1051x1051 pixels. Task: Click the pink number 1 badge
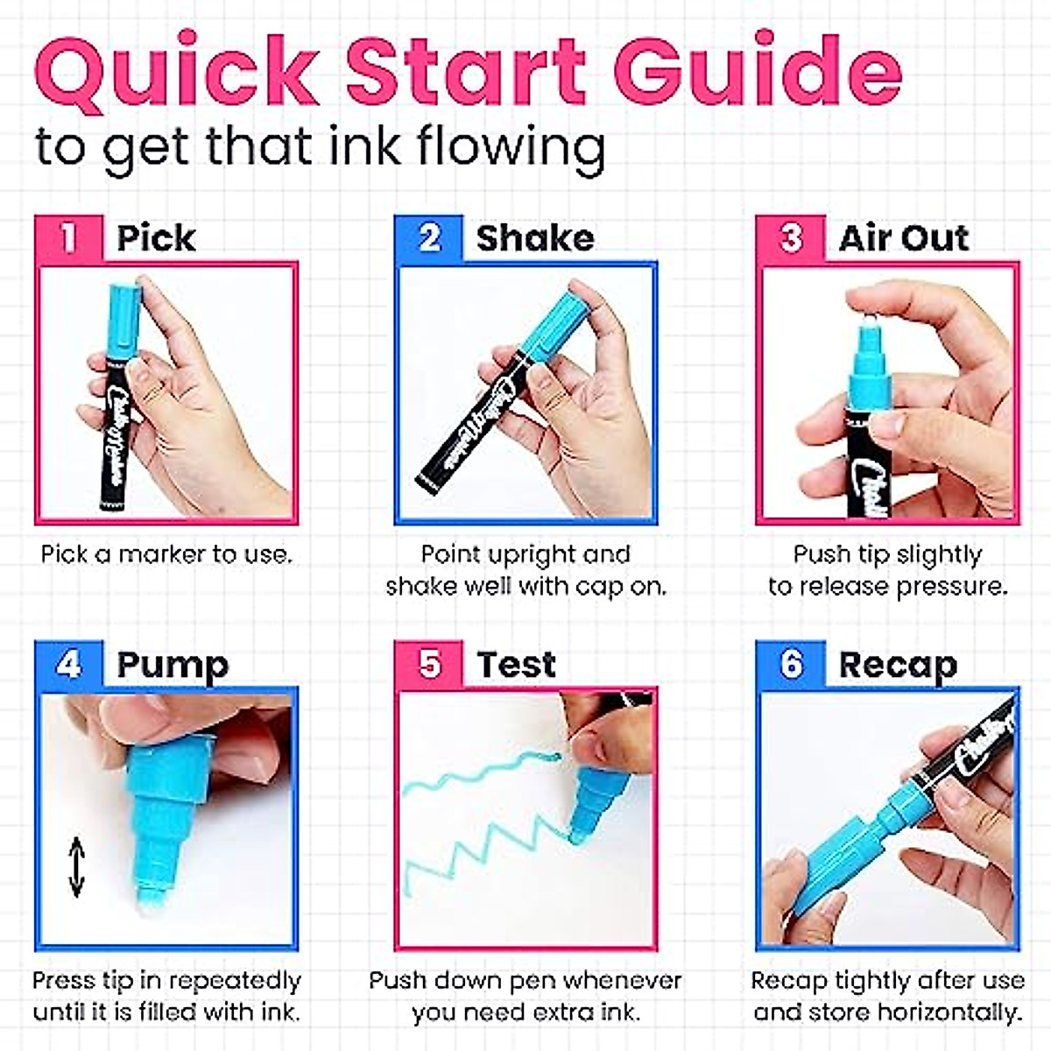tap(68, 238)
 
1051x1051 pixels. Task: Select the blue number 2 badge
tap(429, 238)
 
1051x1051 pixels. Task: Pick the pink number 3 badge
tap(790, 238)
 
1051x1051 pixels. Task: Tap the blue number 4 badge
tap(68, 664)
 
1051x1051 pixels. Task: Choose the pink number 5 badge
tap(429, 664)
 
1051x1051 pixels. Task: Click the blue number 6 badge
tap(790, 664)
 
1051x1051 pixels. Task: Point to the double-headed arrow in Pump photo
tap(77, 867)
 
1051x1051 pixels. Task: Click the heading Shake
tap(534, 238)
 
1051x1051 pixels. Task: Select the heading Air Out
tap(903, 238)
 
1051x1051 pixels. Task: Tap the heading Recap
tap(898, 666)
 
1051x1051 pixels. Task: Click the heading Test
tap(516, 665)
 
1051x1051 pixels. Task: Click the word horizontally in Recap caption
tap(949, 1012)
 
